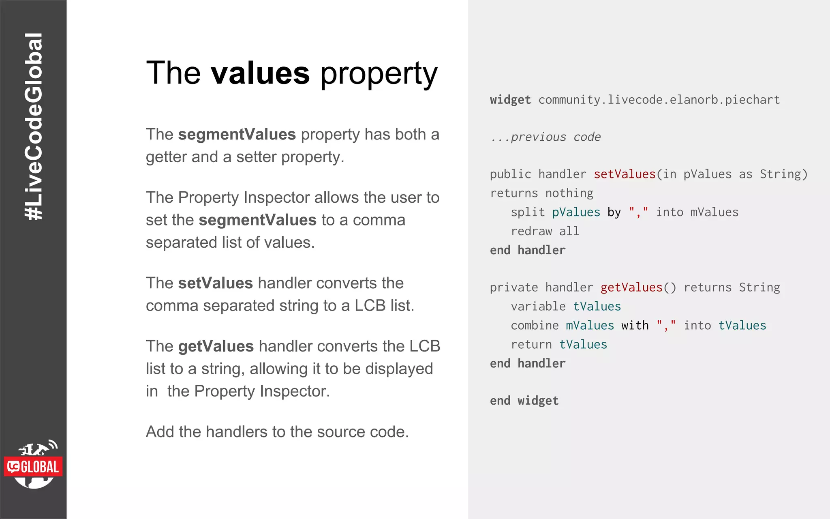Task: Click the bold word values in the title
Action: [260, 73]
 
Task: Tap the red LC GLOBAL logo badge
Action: [33, 467]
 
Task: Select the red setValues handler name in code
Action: [625, 174]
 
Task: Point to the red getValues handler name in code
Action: [631, 287]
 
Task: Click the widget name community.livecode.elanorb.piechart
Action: [659, 100]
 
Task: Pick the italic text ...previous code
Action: [545, 137]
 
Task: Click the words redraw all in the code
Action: [545, 231]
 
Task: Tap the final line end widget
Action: [524, 401]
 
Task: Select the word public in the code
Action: [510, 174]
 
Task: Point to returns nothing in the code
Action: [541, 193]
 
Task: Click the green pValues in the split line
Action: [576, 212]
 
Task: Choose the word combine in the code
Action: [535, 325]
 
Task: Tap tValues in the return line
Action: [583, 344]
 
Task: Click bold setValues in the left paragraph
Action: [215, 283]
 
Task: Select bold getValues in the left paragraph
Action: [216, 346]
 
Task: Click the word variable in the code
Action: [538, 307]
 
